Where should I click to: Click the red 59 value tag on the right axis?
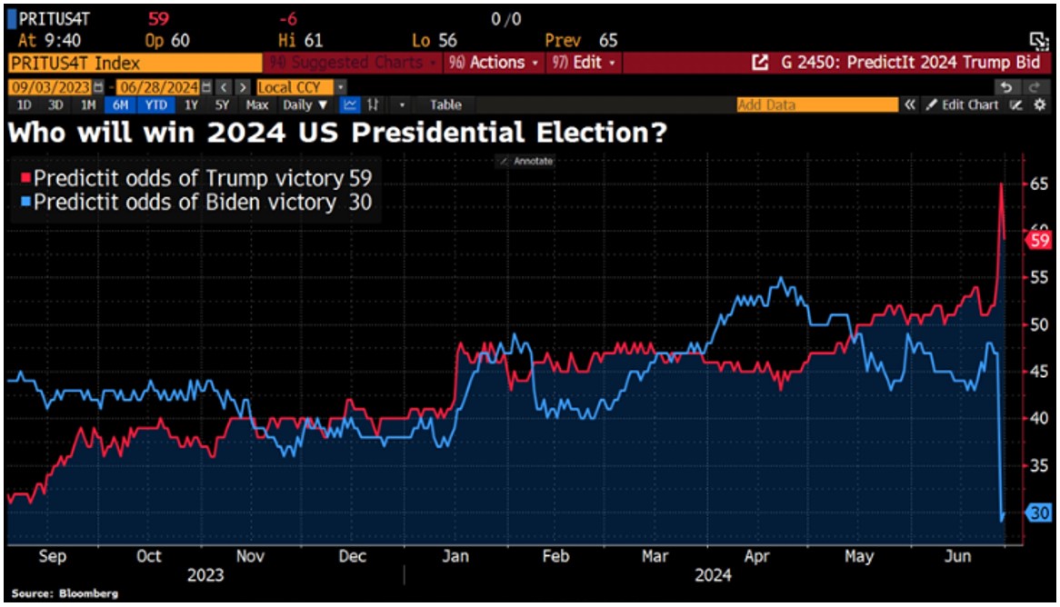[1038, 240]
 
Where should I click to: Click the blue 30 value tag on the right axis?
[1038, 513]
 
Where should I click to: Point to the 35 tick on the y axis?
[1038, 465]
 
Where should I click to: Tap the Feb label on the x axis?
[555, 556]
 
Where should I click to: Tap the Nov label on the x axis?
[250, 556]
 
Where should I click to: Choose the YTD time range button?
[155, 105]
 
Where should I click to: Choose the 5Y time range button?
[222, 105]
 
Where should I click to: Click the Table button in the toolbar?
[445, 105]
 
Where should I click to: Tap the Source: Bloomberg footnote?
[53, 593]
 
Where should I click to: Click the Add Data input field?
[815, 105]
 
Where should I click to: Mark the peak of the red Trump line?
[1001, 184]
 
